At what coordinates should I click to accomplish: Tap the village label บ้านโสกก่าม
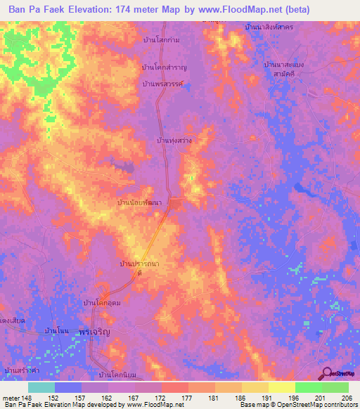[x=160, y=40]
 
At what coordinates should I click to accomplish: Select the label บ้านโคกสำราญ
[x=164, y=67]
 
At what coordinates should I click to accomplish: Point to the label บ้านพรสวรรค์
[x=162, y=84]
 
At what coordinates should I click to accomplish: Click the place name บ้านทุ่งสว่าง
[x=174, y=141]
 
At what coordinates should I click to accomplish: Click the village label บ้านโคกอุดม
[x=102, y=302]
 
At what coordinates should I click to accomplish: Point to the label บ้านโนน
[x=56, y=330]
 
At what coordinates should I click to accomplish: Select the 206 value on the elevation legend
[x=345, y=398]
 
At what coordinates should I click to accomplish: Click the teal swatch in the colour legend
[x=41, y=387]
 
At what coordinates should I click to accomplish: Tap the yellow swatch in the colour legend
[x=281, y=387]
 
